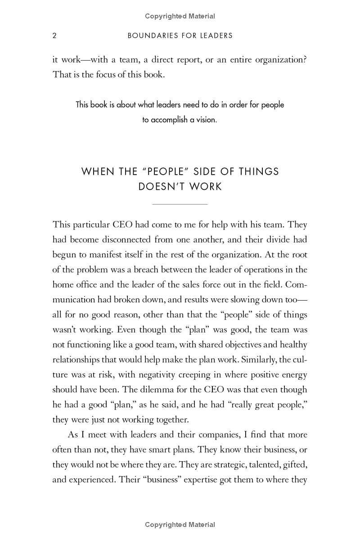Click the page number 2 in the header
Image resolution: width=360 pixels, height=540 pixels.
[x=54, y=36]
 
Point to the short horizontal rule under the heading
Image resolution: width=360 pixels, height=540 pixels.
[x=180, y=204]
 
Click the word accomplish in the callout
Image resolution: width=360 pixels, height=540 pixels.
[x=172, y=120]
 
